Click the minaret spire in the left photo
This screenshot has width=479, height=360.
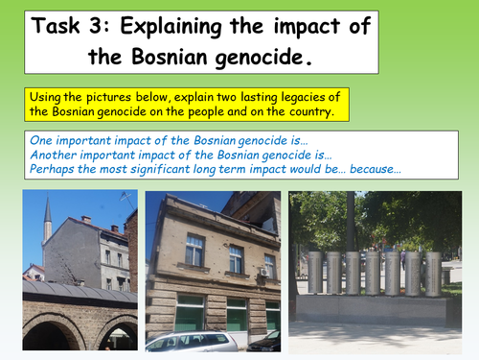click(x=47, y=216)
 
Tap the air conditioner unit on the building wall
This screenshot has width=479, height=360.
click(x=262, y=272)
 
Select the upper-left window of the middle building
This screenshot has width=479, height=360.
click(x=194, y=250)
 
